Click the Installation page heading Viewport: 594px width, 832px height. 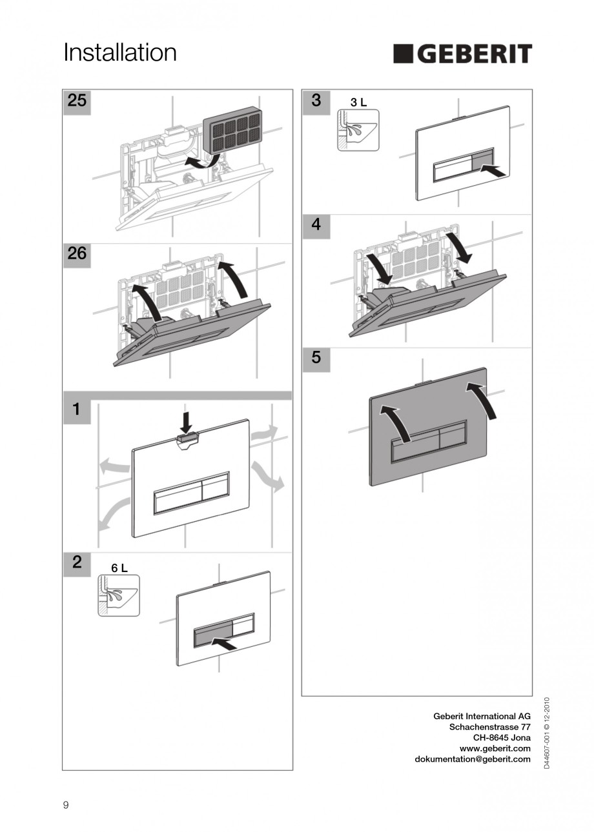click(x=120, y=53)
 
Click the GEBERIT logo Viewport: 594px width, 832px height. click(x=462, y=54)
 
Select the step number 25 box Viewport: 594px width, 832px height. click(x=77, y=102)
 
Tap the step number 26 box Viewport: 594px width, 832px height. click(x=77, y=254)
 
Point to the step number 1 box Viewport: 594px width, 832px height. click(x=77, y=409)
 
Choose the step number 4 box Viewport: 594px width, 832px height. click(x=316, y=225)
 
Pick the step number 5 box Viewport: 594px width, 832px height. click(x=316, y=357)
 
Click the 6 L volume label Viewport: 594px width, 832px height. click(x=119, y=568)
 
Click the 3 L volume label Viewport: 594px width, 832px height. click(x=358, y=103)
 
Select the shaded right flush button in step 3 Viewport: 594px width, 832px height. click(x=483, y=159)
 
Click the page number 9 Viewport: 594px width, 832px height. click(x=66, y=804)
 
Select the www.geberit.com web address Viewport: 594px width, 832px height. click(x=495, y=748)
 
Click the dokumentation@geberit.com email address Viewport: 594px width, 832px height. click(x=472, y=759)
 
